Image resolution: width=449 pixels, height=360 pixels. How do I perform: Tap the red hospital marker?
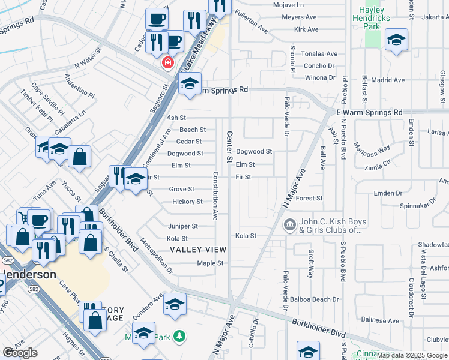coord(167,62)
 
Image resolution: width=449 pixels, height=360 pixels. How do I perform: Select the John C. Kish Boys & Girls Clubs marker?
coord(289,225)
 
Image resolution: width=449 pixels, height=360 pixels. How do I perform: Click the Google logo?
coord(20,353)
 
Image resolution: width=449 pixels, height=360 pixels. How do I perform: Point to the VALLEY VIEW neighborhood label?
coord(198,250)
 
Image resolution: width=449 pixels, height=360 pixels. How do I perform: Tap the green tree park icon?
coord(178,335)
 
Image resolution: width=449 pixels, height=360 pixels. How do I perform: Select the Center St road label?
coord(229,147)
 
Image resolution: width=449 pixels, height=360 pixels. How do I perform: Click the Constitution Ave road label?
coord(215,195)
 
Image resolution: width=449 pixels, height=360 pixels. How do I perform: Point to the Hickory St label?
coord(187,202)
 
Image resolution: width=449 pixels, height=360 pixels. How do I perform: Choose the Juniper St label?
coord(182,226)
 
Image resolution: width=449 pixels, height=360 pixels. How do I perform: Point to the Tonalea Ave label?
coord(319,54)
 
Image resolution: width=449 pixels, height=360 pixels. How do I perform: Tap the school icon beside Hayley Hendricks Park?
coord(396,40)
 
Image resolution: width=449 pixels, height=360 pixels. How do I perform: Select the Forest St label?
coord(309,198)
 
